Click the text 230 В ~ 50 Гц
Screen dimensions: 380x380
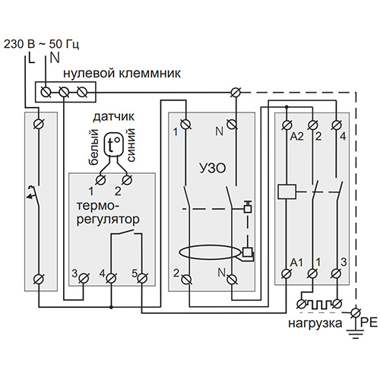[x=41, y=44]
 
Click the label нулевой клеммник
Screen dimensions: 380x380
[x=122, y=73]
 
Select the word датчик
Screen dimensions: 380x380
[x=113, y=117]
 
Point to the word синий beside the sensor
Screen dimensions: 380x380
[x=131, y=145]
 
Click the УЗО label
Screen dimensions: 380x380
[x=213, y=169]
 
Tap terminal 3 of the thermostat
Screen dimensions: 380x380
[x=84, y=278]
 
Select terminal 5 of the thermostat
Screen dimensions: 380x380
[x=142, y=278]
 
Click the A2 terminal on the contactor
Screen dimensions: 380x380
[x=287, y=125]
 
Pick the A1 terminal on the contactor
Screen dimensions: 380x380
[x=287, y=273]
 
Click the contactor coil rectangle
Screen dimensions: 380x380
[x=287, y=192]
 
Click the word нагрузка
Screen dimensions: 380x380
[x=315, y=324]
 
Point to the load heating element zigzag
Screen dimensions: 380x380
[x=319, y=304]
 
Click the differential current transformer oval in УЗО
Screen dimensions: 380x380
[x=210, y=252]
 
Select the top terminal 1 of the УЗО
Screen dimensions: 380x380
[x=186, y=124]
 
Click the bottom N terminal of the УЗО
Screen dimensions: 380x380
[x=232, y=278]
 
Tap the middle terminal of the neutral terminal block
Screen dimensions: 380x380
[x=64, y=92]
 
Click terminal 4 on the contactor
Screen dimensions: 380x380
[x=337, y=125]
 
